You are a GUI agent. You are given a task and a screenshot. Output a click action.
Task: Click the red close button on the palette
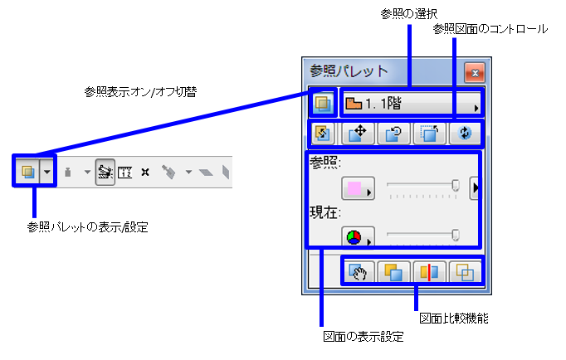click(x=474, y=73)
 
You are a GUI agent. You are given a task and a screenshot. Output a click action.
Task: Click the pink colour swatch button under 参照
click(x=359, y=189)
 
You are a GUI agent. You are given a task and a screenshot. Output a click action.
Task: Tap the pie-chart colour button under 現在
click(x=359, y=238)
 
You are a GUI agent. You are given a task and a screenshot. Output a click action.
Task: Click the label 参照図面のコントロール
click(x=490, y=29)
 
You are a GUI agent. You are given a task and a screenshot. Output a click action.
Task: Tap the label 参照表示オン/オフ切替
click(x=145, y=89)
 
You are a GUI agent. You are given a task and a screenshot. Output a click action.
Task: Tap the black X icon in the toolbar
click(x=145, y=173)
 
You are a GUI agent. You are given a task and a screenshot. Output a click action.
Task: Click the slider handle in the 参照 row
click(x=455, y=186)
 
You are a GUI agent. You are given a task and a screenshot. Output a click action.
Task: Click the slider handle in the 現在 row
click(x=455, y=236)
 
